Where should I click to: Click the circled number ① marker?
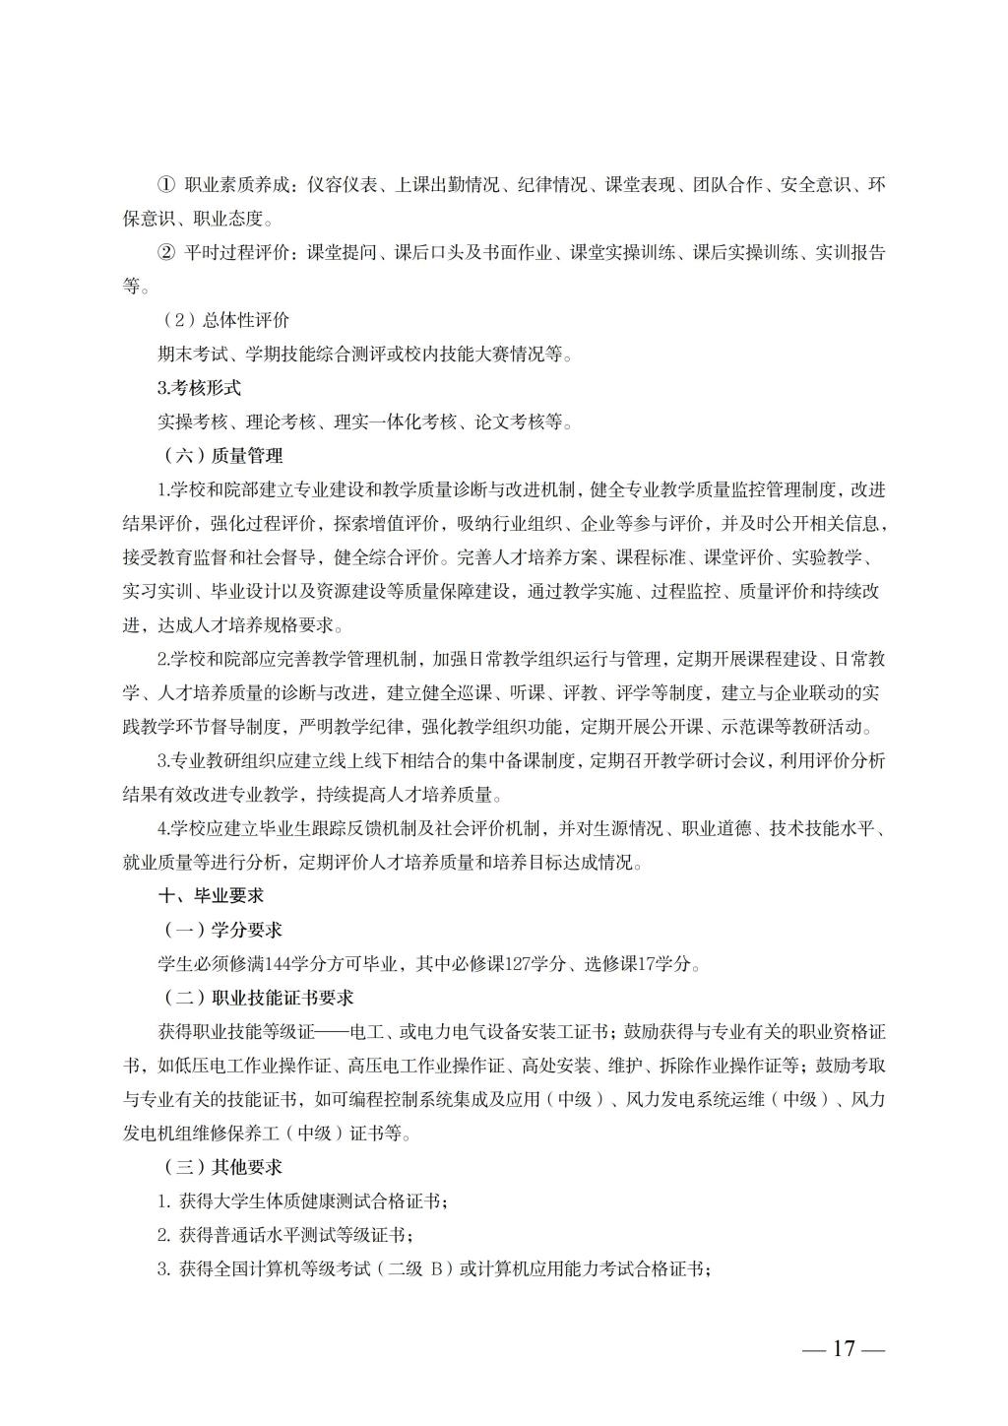click(166, 184)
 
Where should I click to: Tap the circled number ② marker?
click(166, 253)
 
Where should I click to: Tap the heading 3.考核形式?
click(199, 388)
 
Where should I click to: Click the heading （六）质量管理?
click(222, 456)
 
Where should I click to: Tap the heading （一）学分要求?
click(222, 930)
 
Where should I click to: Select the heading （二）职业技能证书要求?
click(257, 998)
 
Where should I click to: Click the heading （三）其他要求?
click(222, 1167)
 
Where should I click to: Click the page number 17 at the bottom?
click(844, 1348)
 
